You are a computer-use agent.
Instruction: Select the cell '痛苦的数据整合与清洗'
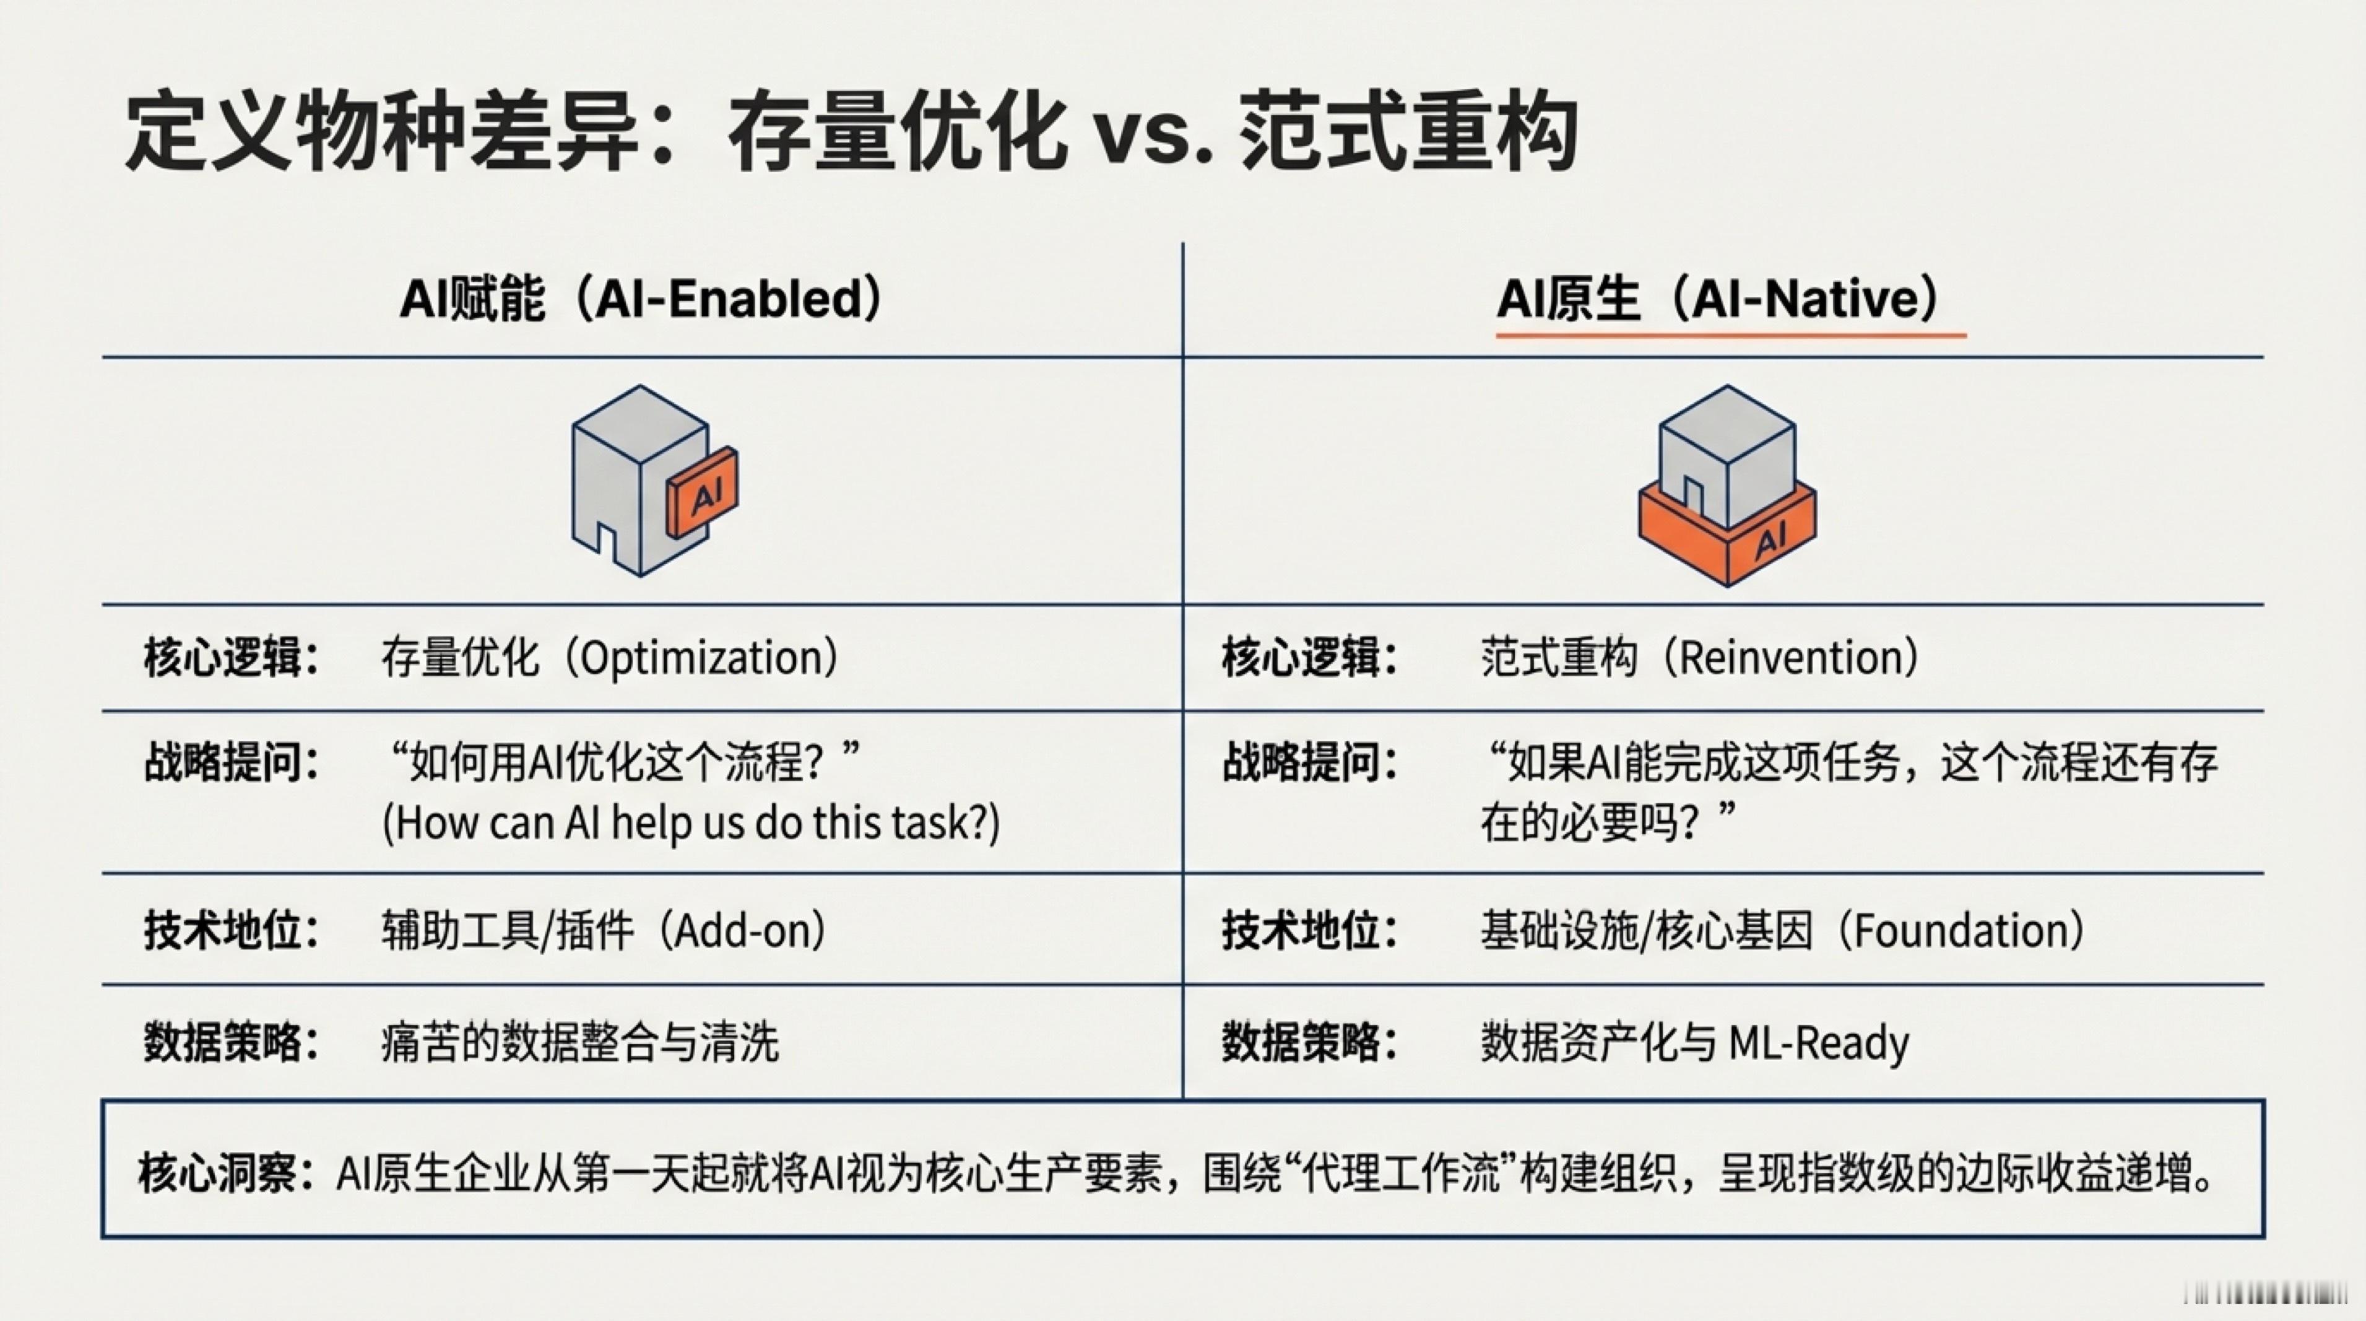click(579, 1043)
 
